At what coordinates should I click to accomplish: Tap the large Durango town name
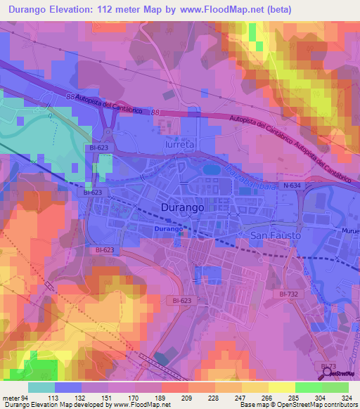pos(184,208)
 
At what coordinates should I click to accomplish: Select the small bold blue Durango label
pos(169,230)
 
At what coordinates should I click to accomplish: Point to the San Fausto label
pos(276,235)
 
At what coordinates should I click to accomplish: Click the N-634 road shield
pos(294,186)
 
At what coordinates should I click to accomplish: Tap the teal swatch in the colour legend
pos(41,387)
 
